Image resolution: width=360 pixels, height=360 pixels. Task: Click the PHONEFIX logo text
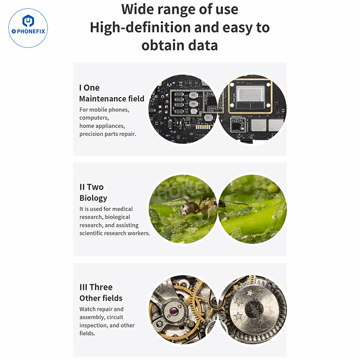28,31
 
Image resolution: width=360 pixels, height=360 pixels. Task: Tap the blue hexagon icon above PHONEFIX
28,21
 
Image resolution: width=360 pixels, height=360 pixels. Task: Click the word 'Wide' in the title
137,9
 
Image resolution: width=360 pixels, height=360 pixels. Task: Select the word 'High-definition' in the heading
140,28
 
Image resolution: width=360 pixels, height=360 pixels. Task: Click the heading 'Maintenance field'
112,99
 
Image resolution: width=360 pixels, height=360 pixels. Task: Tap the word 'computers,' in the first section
94,118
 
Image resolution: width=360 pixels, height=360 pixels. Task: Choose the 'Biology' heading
93,198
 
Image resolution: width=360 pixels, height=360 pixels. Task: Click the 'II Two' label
91,187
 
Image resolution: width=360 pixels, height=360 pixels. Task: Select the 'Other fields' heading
101,298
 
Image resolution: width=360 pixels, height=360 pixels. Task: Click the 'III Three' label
96,287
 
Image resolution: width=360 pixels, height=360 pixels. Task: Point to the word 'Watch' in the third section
87,309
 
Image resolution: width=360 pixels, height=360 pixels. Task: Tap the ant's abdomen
187,209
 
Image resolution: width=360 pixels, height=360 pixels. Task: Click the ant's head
222,203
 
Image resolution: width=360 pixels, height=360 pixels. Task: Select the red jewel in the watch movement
174,311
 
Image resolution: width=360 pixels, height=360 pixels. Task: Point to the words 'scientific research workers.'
115,233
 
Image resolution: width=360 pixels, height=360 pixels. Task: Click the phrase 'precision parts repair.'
108,134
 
